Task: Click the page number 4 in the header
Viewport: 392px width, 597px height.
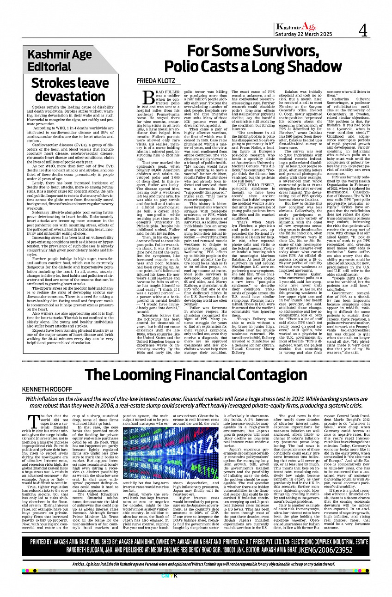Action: [x=363, y=30]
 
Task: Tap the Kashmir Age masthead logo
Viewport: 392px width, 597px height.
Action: [x=296, y=27]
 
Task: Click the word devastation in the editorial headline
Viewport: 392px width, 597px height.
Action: [x=70, y=96]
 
